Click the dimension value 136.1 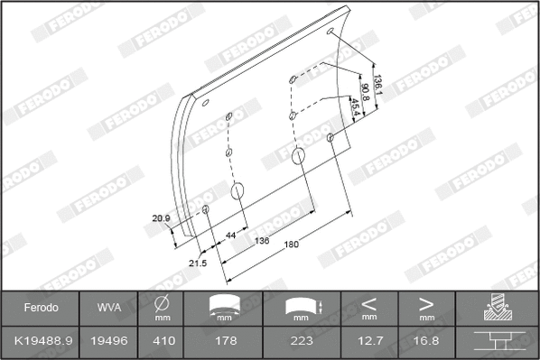coord(379,84)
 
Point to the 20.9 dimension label coord(162,218)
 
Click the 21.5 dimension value coord(197,263)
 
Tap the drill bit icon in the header coord(498,308)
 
